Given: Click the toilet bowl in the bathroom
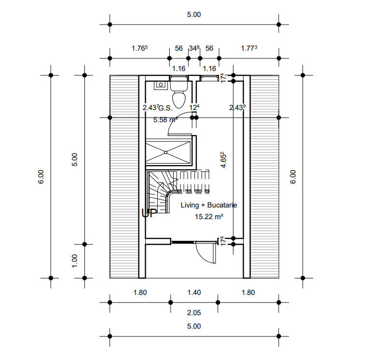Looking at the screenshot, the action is click(x=179, y=99).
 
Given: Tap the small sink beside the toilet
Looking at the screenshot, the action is click(x=161, y=85).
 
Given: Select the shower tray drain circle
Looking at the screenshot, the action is click(x=165, y=152).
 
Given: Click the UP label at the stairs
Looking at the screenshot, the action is click(x=149, y=213).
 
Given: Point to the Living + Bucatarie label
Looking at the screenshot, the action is click(x=209, y=205).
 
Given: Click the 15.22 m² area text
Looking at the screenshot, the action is click(x=209, y=217).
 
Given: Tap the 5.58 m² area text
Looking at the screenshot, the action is click(x=165, y=120).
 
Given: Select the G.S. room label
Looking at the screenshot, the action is click(x=165, y=108).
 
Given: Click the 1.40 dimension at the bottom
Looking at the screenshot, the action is click(x=194, y=292).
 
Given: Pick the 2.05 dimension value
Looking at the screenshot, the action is click(x=194, y=313).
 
